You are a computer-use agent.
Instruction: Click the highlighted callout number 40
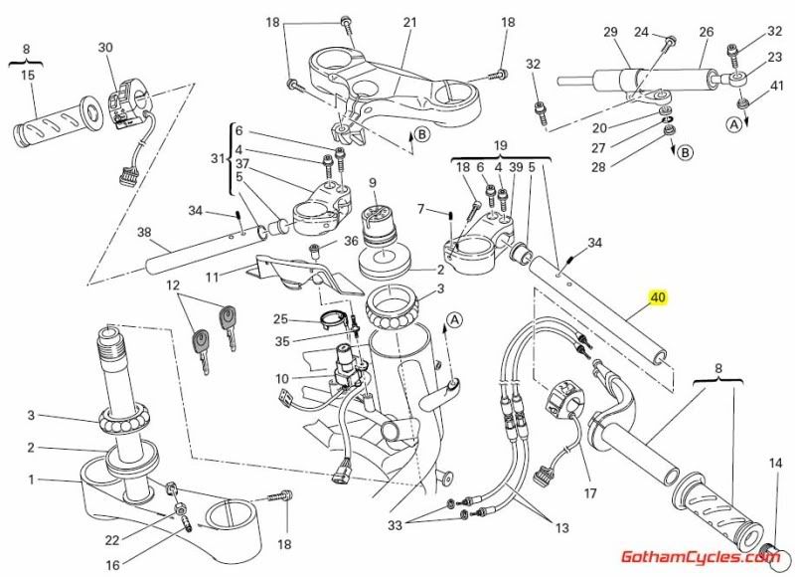(657, 296)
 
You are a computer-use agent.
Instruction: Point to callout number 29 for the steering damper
(610, 32)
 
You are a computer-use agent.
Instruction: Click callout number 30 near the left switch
(106, 47)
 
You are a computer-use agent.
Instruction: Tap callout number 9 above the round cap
(373, 182)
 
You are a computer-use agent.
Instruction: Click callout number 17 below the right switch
(589, 492)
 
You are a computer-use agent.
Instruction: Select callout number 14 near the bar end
(776, 464)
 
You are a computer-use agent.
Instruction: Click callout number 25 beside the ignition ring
(280, 319)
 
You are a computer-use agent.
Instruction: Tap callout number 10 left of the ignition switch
(282, 378)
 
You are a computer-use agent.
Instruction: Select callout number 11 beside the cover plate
(212, 276)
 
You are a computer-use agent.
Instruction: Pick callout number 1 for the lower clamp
(31, 480)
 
